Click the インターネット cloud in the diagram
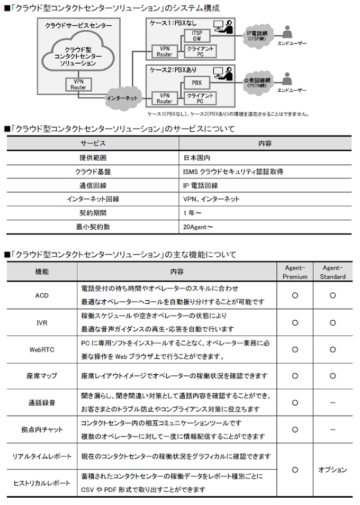tap(122, 98)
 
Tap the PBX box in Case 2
tap(197, 83)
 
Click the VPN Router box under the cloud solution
tap(78, 85)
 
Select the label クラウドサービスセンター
tap(74, 25)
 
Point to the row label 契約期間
tap(93, 213)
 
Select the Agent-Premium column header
tap(295, 272)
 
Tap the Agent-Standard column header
tap(333, 272)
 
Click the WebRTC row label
tap(42, 349)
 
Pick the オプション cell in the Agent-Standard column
tap(332, 470)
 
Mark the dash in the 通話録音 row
tap(332, 402)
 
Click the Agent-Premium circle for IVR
tap(295, 322)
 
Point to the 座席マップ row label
tap(42, 376)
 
